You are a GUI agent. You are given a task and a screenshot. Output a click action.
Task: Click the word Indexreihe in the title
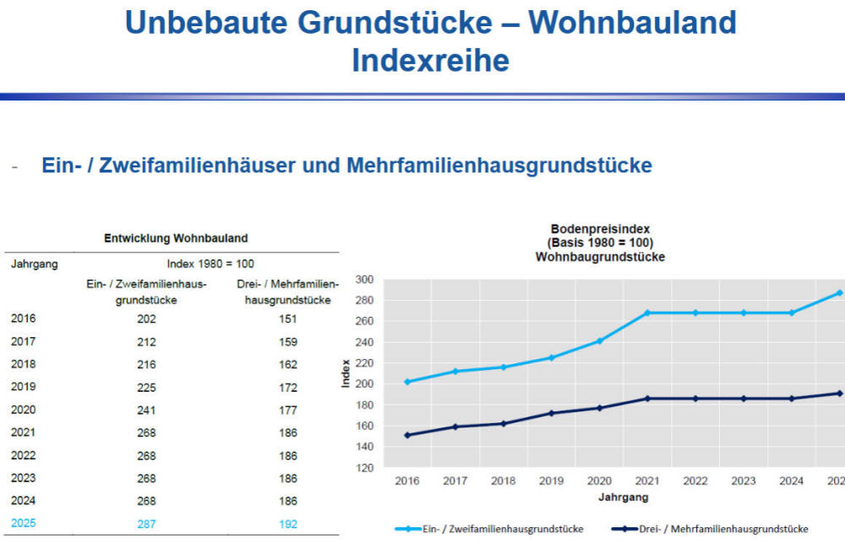[430, 61]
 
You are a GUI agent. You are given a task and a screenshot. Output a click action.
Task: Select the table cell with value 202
[146, 319]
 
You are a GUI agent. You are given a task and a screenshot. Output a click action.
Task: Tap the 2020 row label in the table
[24, 411]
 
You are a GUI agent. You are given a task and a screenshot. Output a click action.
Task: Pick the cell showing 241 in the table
[146, 411]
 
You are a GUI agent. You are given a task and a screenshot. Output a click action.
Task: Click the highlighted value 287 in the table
[146, 524]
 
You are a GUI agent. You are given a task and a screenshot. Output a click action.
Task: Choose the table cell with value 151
[288, 319]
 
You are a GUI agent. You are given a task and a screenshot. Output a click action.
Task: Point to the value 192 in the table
[288, 524]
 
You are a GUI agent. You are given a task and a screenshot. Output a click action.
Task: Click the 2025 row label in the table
[24, 524]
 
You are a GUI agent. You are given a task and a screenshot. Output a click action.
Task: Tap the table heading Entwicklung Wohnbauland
[176, 239]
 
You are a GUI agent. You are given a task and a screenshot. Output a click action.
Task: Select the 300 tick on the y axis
[363, 279]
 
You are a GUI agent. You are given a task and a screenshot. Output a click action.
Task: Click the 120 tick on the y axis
[363, 467]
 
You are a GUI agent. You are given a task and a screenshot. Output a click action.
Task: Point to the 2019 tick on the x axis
[550, 481]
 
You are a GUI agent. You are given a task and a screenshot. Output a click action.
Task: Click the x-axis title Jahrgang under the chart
[624, 498]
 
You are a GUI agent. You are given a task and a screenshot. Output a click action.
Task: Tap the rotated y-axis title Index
[346, 373]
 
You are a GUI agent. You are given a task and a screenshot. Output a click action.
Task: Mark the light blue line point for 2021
[647, 313]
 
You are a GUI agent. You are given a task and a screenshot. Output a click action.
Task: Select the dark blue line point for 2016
[407, 435]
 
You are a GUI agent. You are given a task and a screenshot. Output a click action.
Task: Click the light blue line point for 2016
[407, 382]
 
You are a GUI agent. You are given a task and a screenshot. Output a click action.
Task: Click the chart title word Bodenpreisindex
[600, 229]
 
